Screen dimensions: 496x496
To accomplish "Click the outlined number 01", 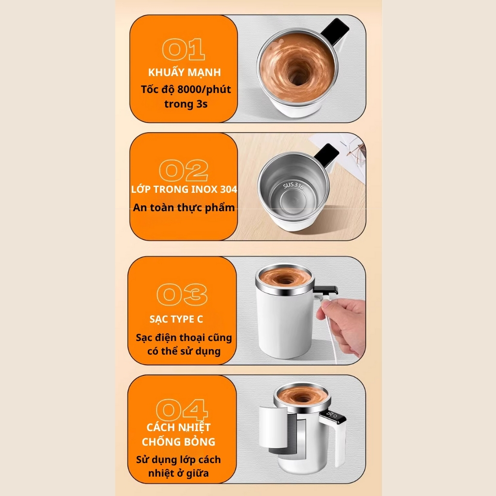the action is pos(184,49).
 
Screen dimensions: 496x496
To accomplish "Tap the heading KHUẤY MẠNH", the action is pos(185,72).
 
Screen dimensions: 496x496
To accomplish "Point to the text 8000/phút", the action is pos(204,90).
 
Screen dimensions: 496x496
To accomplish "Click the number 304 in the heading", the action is pos(229,189).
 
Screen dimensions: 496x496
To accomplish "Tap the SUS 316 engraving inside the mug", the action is pos(293,186).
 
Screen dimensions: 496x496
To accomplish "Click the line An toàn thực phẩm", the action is pos(184,207).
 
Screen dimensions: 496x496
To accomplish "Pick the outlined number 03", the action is pos(182,294).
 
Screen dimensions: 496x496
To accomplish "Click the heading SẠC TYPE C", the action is pos(176,319).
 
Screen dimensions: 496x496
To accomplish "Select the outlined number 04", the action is pos(182,410).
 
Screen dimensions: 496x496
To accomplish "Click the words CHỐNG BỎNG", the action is pos(178,442).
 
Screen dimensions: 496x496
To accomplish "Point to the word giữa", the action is pos(198,474).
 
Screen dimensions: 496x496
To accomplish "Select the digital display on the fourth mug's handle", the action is pos(332,415).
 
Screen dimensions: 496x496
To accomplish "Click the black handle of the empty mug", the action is pos(326,155).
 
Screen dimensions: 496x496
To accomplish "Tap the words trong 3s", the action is pos(186,104).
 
